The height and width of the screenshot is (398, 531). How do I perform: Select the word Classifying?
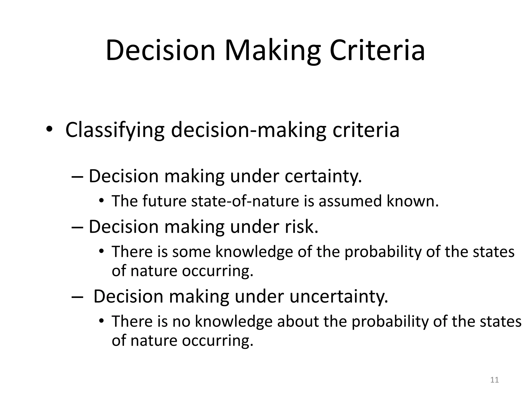pyautogui.click(x=115, y=130)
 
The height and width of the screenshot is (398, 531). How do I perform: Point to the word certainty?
pyautogui.click(x=323, y=176)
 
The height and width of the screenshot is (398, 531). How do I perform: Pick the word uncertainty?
pyautogui.click(x=339, y=296)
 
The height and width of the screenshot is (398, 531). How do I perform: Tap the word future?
pyautogui.click(x=164, y=201)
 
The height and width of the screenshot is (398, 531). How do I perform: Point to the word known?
pyautogui.click(x=413, y=201)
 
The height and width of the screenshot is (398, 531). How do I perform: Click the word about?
pyautogui.click(x=298, y=321)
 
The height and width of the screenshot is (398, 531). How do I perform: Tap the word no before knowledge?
pyautogui.click(x=181, y=321)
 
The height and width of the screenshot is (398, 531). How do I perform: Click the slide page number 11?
pyautogui.click(x=495, y=380)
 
